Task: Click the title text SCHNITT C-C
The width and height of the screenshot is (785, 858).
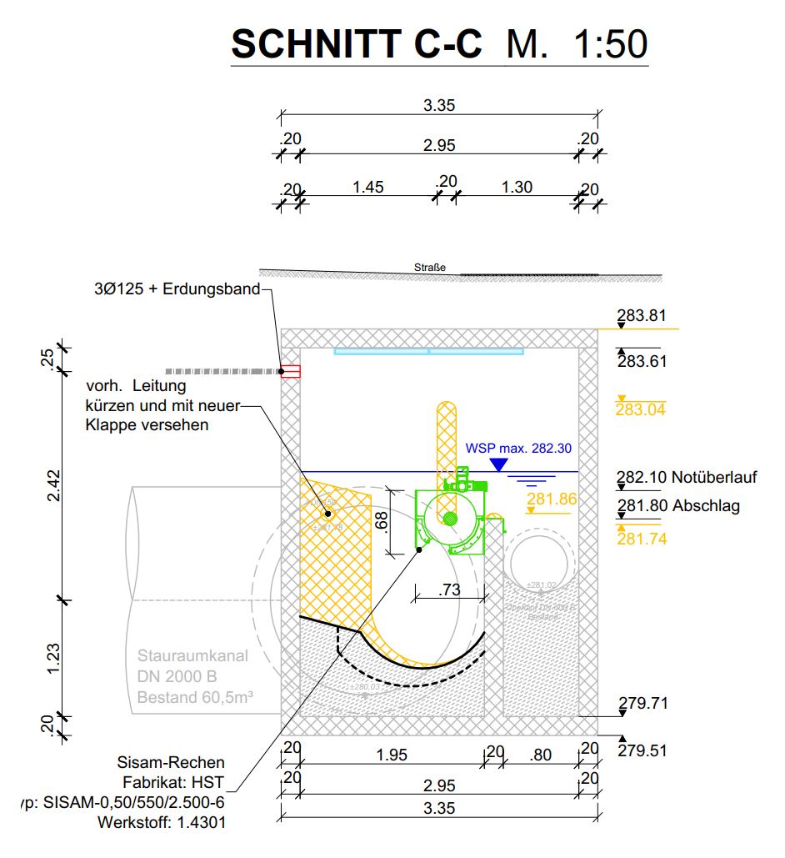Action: tap(356, 43)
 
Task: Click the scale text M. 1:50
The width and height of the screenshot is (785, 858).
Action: tap(577, 43)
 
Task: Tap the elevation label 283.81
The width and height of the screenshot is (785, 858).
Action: tap(642, 316)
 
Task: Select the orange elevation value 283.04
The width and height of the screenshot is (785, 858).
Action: tap(641, 409)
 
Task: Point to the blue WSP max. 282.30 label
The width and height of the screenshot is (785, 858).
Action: tap(518, 448)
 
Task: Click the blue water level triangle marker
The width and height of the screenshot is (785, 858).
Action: tap(498, 464)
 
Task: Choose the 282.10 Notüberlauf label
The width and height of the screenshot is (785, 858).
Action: tap(687, 478)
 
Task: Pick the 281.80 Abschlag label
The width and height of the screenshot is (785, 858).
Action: tap(678, 505)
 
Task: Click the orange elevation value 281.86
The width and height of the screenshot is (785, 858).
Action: tap(552, 499)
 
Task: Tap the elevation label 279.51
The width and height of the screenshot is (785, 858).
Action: tap(642, 750)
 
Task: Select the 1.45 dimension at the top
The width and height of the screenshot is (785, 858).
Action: tap(367, 187)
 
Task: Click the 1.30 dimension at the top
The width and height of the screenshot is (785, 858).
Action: tap(517, 187)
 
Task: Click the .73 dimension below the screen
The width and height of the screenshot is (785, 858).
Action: tap(449, 590)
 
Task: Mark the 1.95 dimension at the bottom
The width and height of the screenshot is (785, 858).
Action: tap(391, 755)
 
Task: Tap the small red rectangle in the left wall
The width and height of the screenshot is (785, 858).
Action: tap(290, 372)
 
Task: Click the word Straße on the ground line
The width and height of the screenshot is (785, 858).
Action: tap(430, 268)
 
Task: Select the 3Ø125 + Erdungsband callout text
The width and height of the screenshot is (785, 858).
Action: tap(177, 290)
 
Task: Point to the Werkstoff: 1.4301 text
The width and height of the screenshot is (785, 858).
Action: tap(162, 821)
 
